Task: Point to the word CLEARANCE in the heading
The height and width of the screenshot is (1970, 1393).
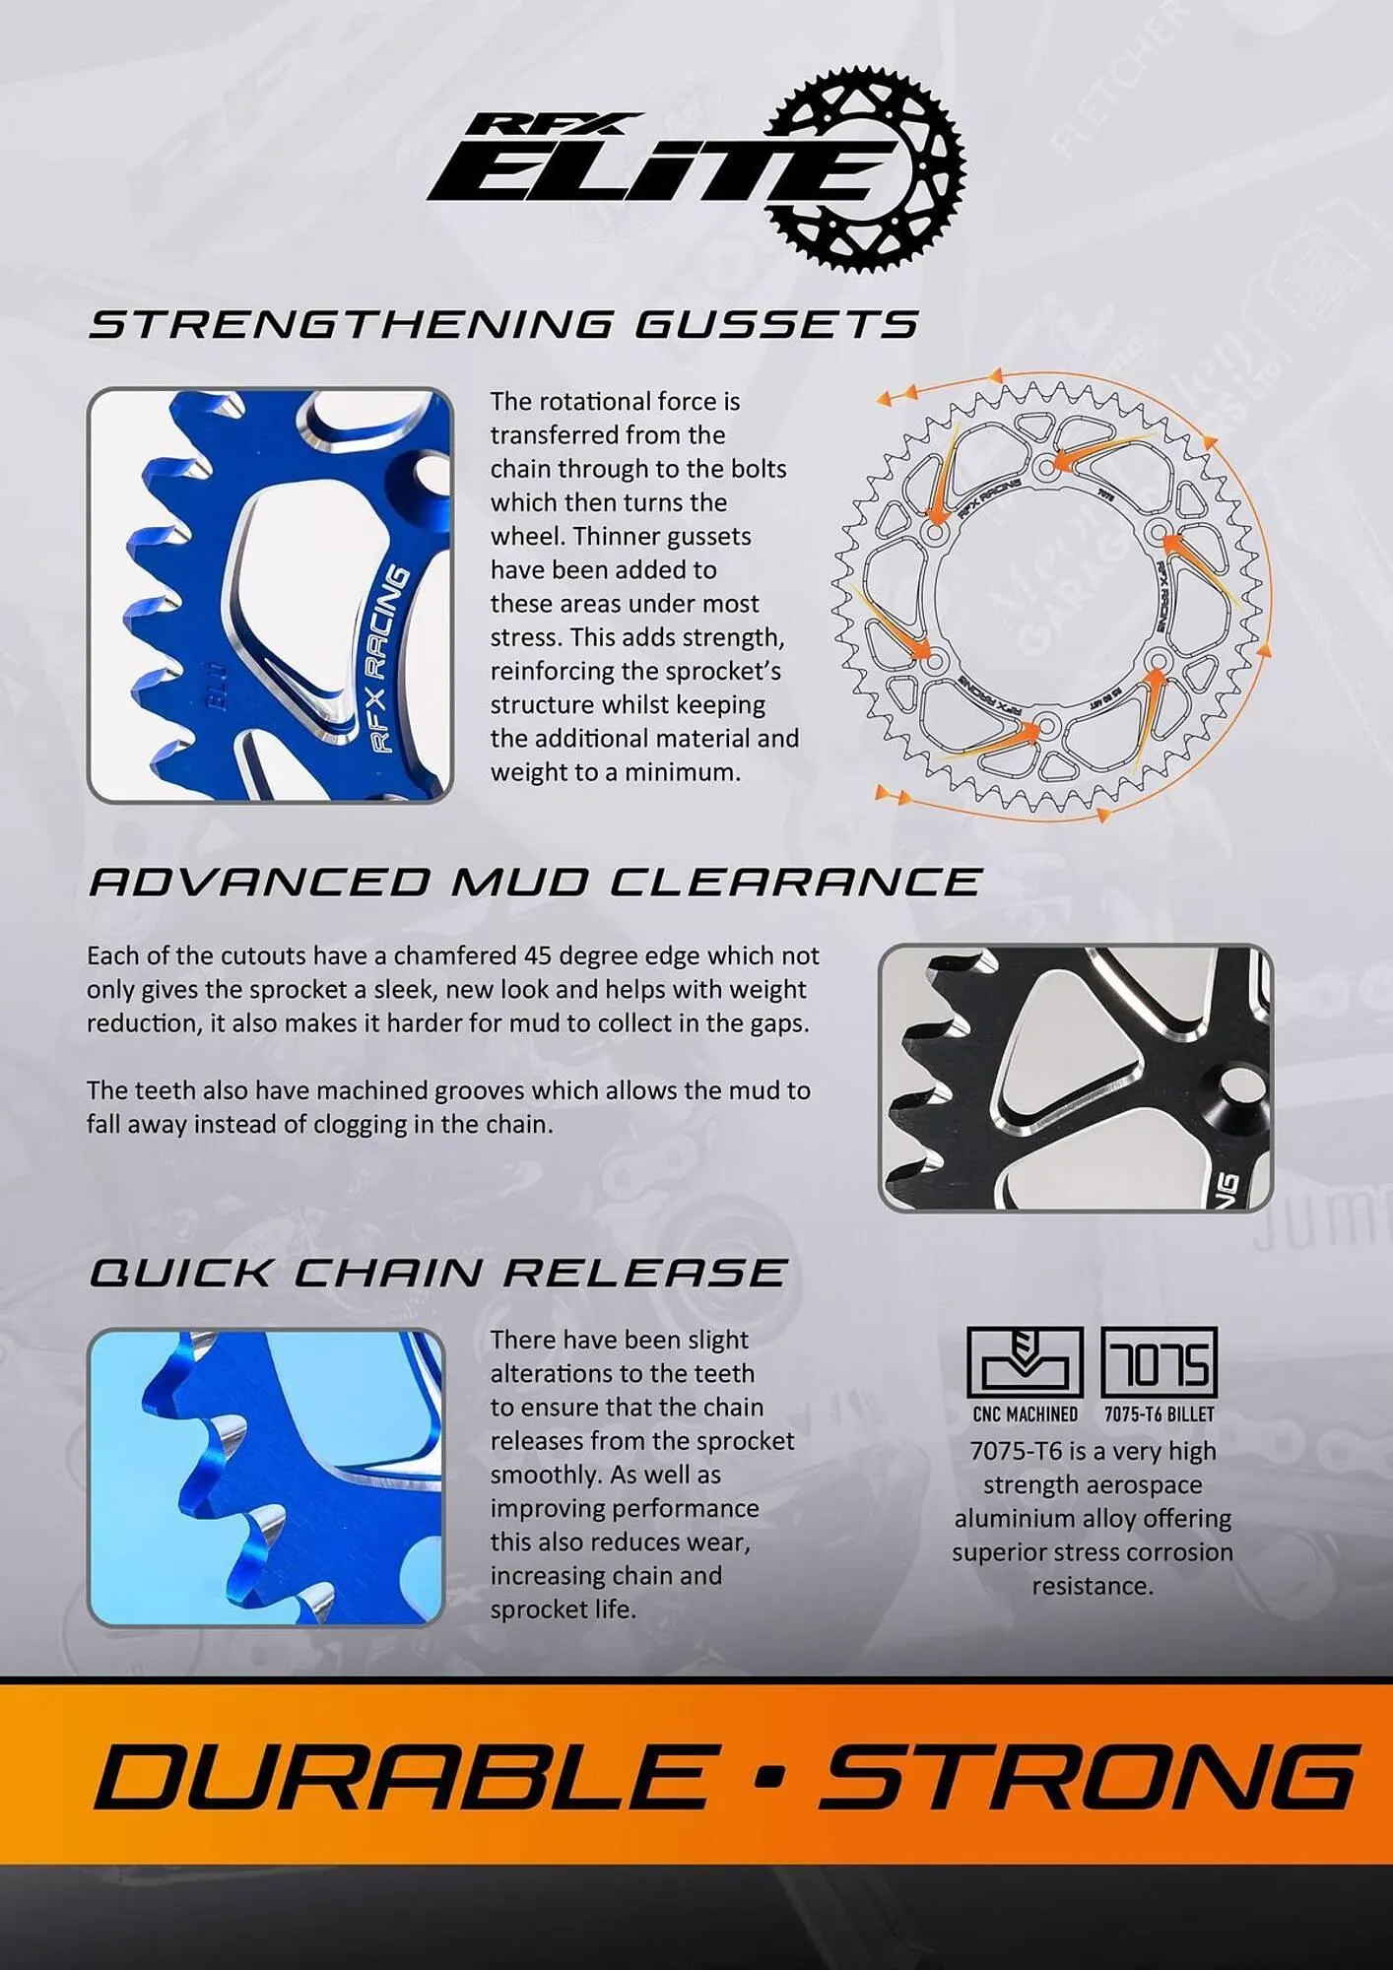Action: click(x=796, y=882)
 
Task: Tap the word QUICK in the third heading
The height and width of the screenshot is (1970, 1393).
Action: click(x=180, y=1273)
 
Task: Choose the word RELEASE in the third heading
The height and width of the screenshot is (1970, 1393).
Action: click(x=645, y=1273)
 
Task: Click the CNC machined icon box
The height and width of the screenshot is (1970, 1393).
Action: click(x=1025, y=1362)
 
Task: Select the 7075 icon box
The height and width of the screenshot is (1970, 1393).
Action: click(x=1159, y=1362)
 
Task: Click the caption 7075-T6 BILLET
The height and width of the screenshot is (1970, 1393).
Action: click(x=1159, y=1414)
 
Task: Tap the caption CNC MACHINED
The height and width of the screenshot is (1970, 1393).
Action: click(x=1025, y=1414)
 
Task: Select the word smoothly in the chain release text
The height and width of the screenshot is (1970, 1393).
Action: click(x=547, y=1475)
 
